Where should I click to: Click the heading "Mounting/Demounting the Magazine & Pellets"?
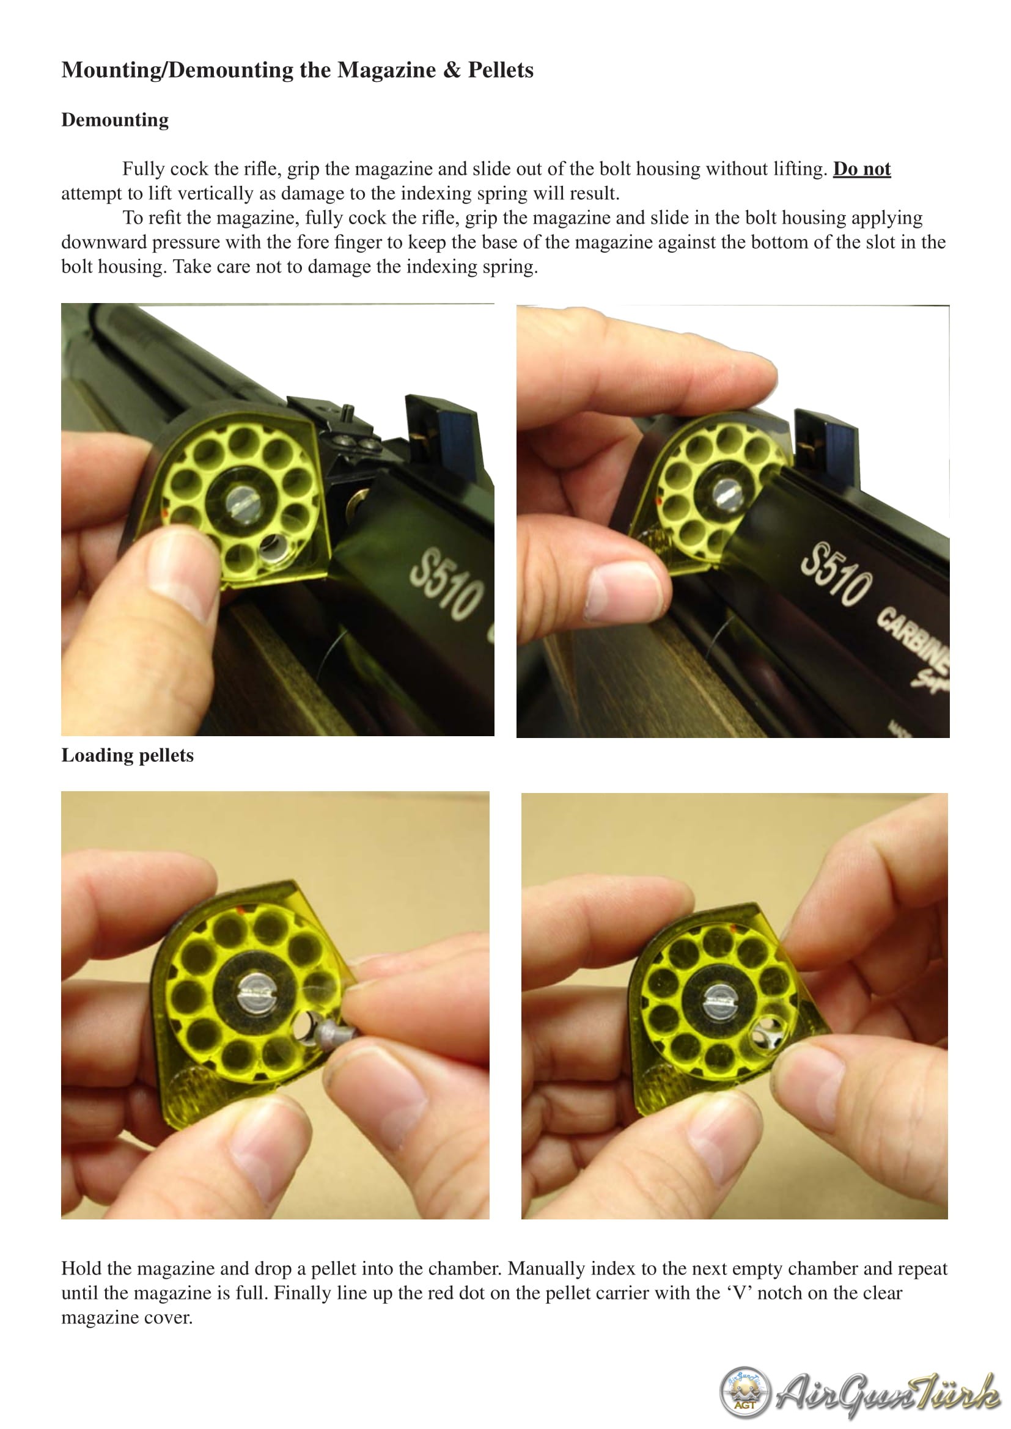pyautogui.click(x=298, y=70)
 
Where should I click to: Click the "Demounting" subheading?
pyautogui.click(x=115, y=120)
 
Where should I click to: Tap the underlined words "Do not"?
pyautogui.click(x=862, y=169)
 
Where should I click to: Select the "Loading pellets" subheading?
pyautogui.click(x=128, y=756)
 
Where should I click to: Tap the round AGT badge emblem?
pyautogui.click(x=744, y=1392)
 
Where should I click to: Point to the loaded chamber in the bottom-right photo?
pyautogui.click(x=768, y=1034)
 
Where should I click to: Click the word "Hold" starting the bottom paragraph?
pyautogui.click(x=83, y=1268)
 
